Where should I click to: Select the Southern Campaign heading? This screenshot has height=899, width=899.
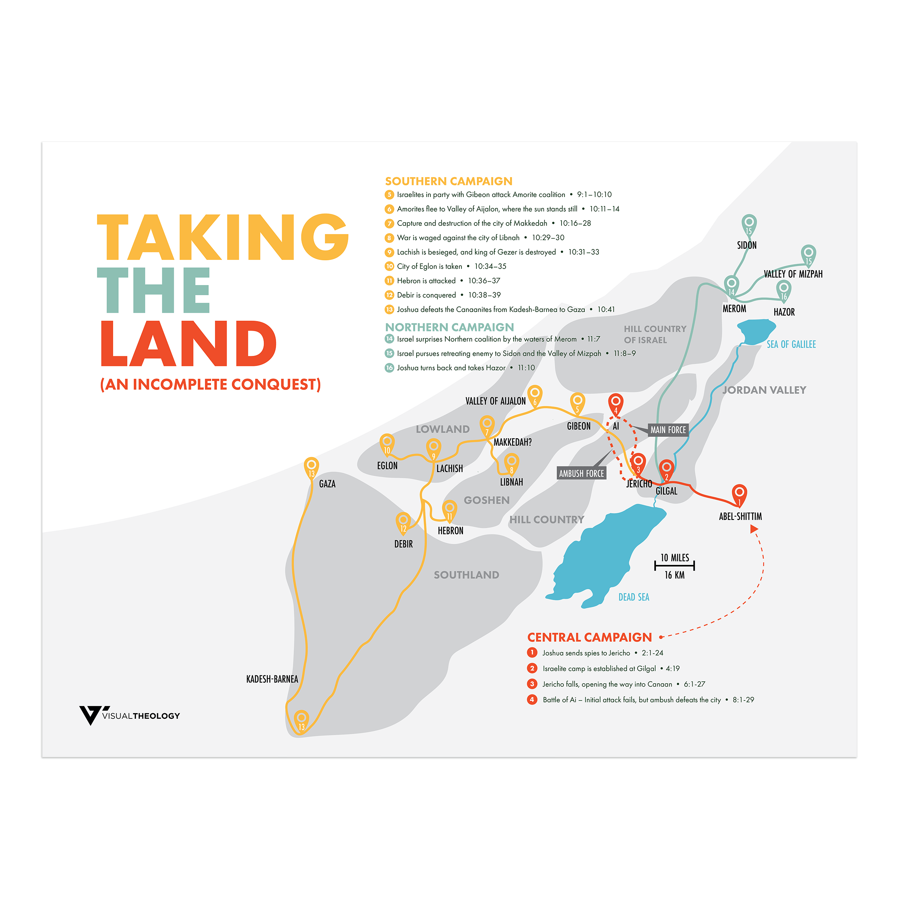(x=449, y=181)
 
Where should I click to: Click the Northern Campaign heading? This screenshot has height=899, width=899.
(x=449, y=327)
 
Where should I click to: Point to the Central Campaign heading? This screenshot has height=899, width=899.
(x=589, y=637)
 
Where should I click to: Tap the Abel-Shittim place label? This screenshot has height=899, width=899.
(x=740, y=517)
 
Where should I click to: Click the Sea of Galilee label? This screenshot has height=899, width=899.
(x=791, y=344)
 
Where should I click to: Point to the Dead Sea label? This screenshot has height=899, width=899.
(x=633, y=597)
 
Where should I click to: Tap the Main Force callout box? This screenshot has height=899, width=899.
(x=668, y=430)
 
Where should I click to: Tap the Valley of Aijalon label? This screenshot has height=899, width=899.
(x=495, y=401)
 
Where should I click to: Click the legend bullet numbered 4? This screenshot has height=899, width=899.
(x=532, y=699)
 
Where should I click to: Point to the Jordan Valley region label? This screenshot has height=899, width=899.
(x=764, y=390)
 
